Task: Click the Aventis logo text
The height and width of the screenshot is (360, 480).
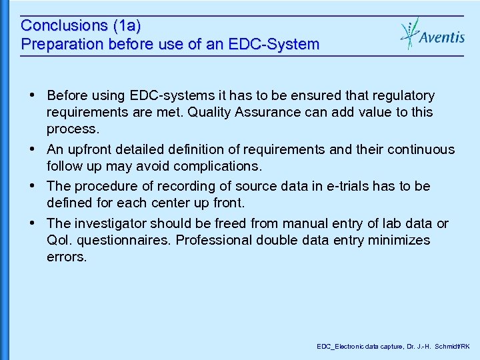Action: click(x=442, y=37)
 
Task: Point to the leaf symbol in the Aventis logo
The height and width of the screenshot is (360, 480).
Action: click(x=409, y=33)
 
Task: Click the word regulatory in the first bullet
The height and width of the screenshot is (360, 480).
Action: click(x=403, y=96)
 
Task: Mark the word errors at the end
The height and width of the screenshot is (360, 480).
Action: click(x=67, y=257)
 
